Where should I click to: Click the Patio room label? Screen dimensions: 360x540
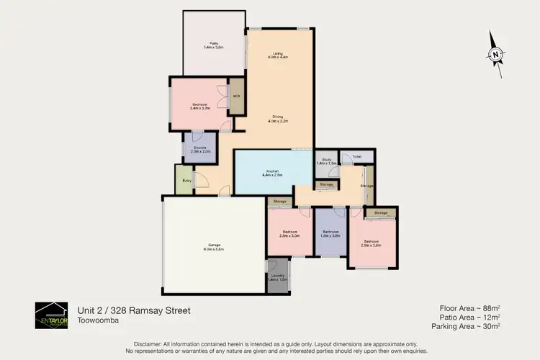pos(212,45)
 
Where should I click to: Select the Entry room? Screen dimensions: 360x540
pos(186,180)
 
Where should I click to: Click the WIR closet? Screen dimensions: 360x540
pos(235,96)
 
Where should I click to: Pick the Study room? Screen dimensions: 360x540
pos(326,161)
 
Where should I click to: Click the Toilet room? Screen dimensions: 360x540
pos(357,156)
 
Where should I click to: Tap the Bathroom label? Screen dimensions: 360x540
pos(330,233)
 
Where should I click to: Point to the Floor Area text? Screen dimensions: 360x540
pos(470,307)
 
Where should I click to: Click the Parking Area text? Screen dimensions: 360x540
pos(466,326)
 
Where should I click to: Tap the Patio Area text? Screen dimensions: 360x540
pos(469,317)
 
